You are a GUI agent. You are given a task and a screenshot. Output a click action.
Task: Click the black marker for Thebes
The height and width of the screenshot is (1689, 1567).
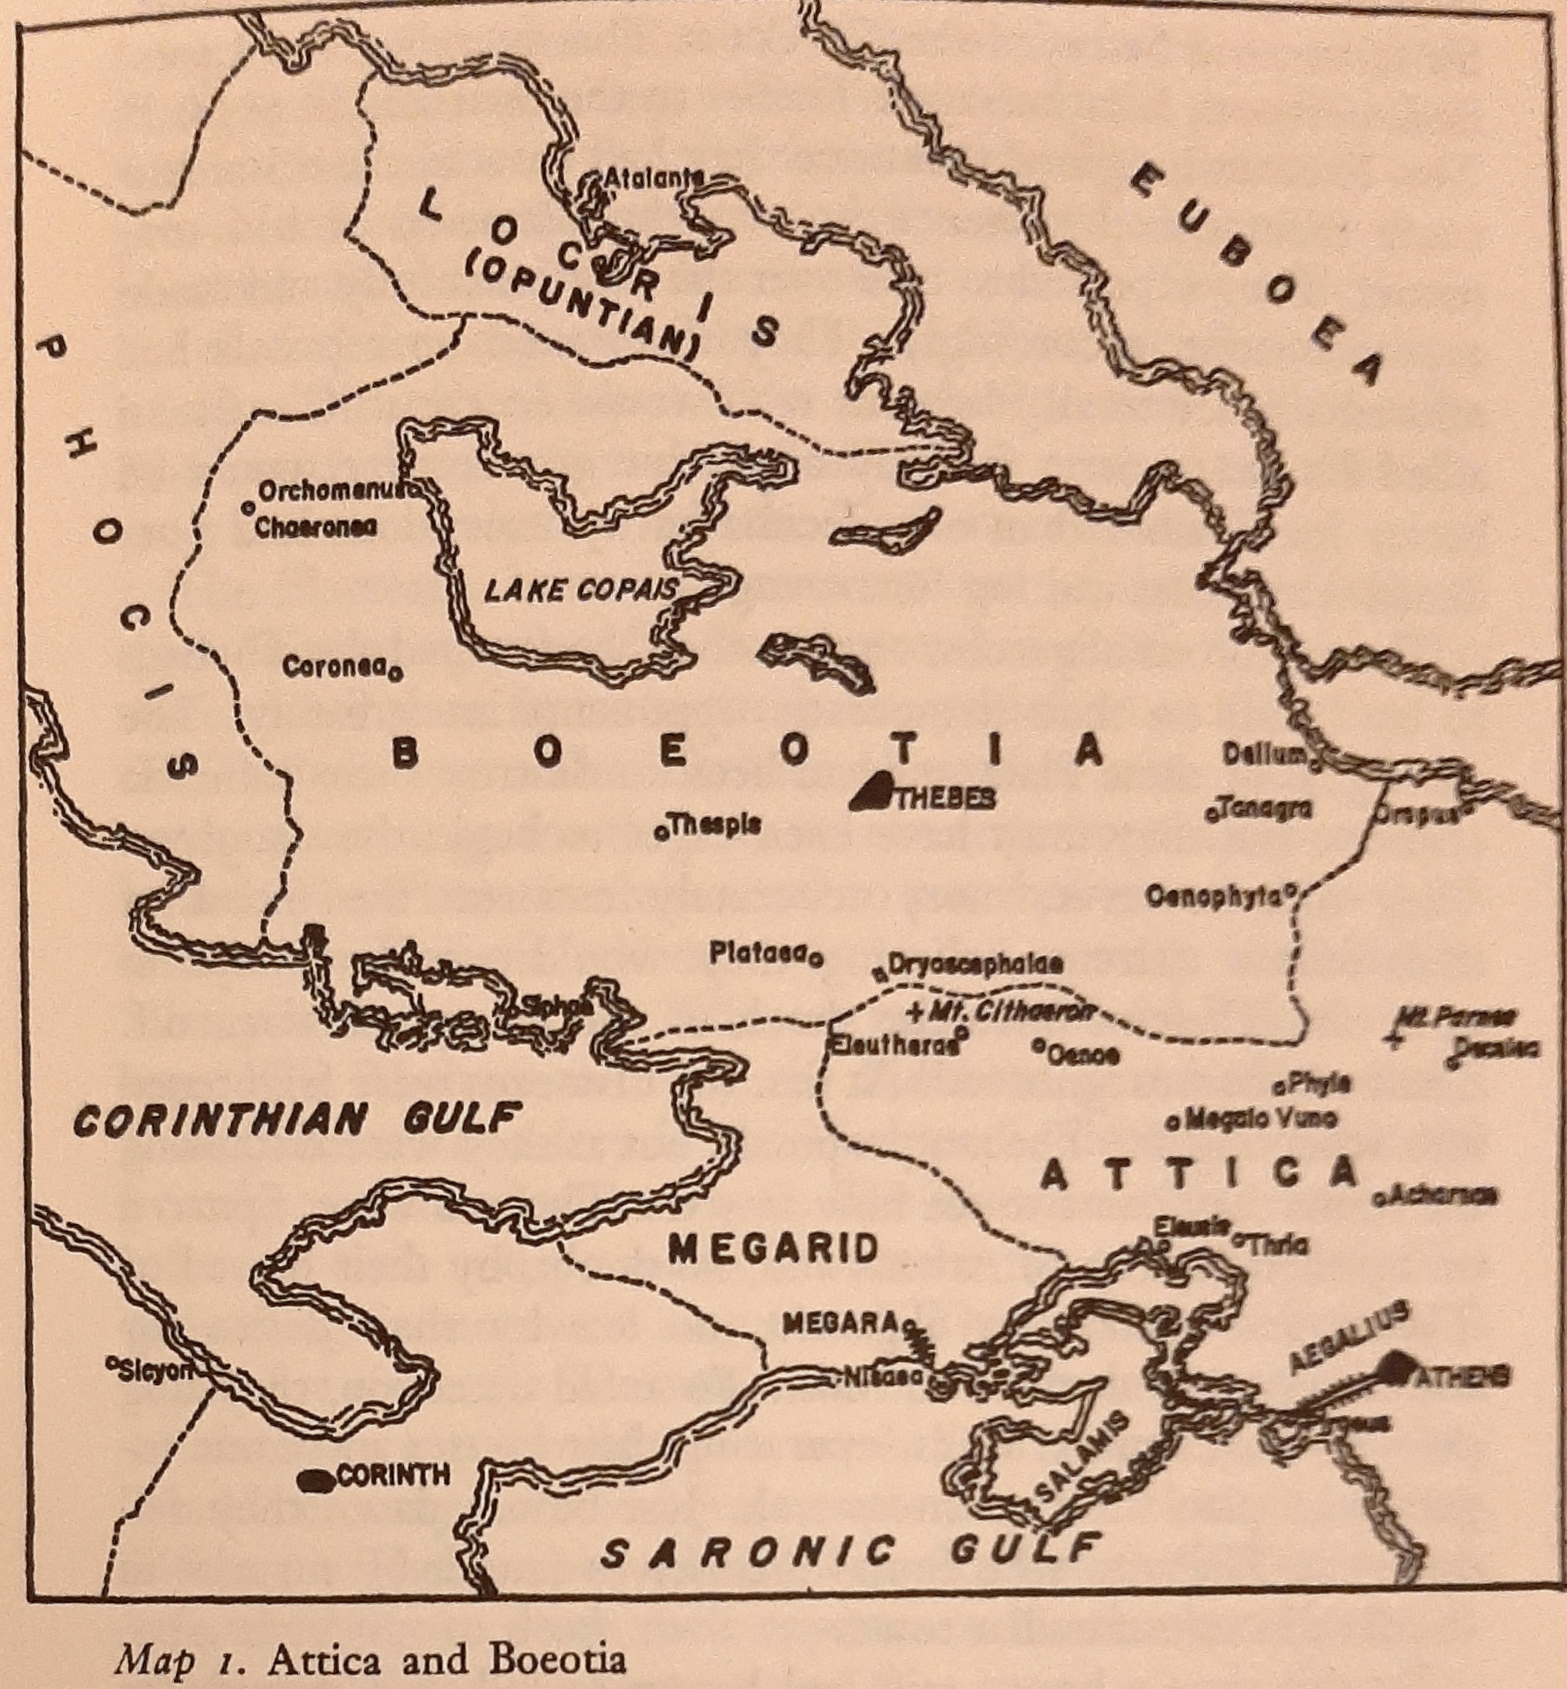(869, 792)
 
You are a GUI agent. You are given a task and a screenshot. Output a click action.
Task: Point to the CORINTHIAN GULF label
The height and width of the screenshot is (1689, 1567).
(294, 1122)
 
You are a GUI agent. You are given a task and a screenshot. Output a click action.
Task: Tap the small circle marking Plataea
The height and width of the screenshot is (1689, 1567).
(815, 960)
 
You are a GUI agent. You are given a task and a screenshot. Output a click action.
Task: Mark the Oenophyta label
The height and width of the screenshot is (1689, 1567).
(1214, 897)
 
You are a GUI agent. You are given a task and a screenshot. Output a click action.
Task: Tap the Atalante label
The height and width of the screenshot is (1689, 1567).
(651, 179)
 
